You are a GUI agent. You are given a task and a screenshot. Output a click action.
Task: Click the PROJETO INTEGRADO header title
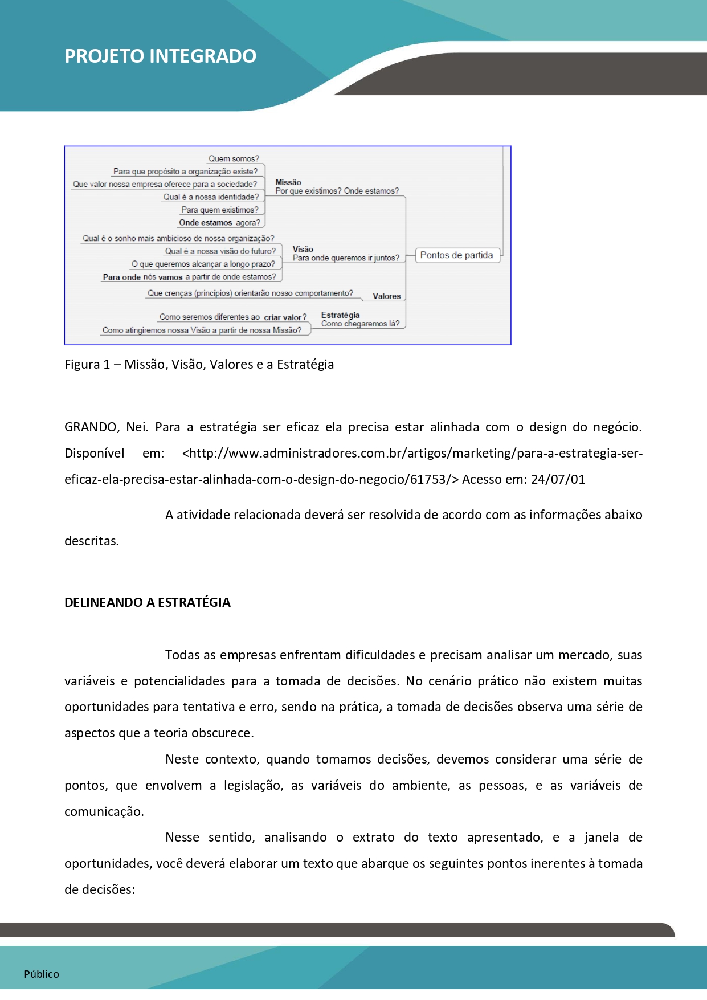tap(160, 56)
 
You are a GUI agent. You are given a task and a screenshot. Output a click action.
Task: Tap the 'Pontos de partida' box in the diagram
tap(456, 255)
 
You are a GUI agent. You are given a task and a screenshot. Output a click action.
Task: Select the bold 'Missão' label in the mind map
tap(288, 182)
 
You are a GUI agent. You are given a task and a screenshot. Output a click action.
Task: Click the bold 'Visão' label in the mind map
tap(303, 249)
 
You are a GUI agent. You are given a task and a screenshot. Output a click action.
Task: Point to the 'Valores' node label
tap(387, 296)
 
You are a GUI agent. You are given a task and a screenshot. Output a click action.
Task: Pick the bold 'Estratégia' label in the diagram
tap(340, 315)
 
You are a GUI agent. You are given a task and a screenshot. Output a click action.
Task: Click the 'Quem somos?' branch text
tap(234, 159)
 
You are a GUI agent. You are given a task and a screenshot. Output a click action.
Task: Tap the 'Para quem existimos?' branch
tap(220, 210)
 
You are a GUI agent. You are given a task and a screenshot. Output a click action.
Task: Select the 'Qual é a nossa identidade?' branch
tap(211, 197)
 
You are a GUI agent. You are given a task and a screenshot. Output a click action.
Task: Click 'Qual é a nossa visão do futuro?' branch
tap(220, 251)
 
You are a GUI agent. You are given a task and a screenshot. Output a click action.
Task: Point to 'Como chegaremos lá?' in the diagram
tap(360, 324)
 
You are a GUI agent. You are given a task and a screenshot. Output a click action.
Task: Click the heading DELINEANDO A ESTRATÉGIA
tap(148, 603)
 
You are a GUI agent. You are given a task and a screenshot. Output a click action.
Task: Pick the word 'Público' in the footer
tap(42, 974)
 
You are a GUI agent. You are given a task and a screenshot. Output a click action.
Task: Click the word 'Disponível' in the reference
tap(95, 454)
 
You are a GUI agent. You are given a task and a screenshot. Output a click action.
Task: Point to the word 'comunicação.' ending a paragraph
tap(104, 812)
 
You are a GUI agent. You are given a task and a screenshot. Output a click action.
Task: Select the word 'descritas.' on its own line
tap(92, 541)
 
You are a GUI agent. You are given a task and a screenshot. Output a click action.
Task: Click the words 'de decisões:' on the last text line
tap(100, 890)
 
